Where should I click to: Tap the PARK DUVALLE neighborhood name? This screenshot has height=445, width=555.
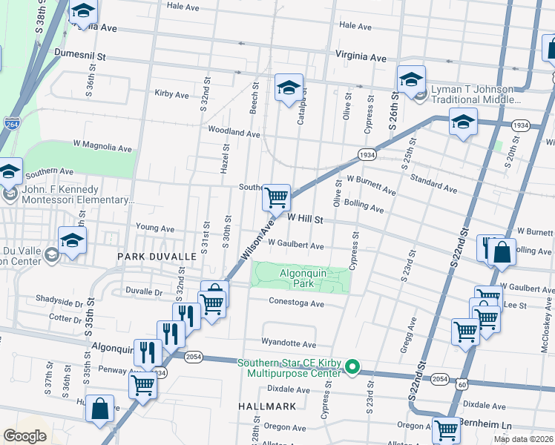click(x=157, y=256)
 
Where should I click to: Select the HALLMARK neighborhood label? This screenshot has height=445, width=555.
click(x=267, y=406)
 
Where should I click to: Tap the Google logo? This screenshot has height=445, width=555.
click(x=24, y=436)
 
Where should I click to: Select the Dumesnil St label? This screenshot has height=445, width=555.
click(x=81, y=55)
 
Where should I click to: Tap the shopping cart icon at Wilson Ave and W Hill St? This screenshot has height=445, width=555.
click(x=276, y=198)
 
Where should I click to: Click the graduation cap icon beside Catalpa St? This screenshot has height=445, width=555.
click(x=289, y=88)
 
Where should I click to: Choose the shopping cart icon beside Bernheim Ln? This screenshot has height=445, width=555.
click(x=446, y=429)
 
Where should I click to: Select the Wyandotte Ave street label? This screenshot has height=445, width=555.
click(x=288, y=344)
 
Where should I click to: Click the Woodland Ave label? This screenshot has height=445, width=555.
click(x=234, y=133)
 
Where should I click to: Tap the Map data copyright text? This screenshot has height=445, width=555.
click(x=524, y=439)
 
